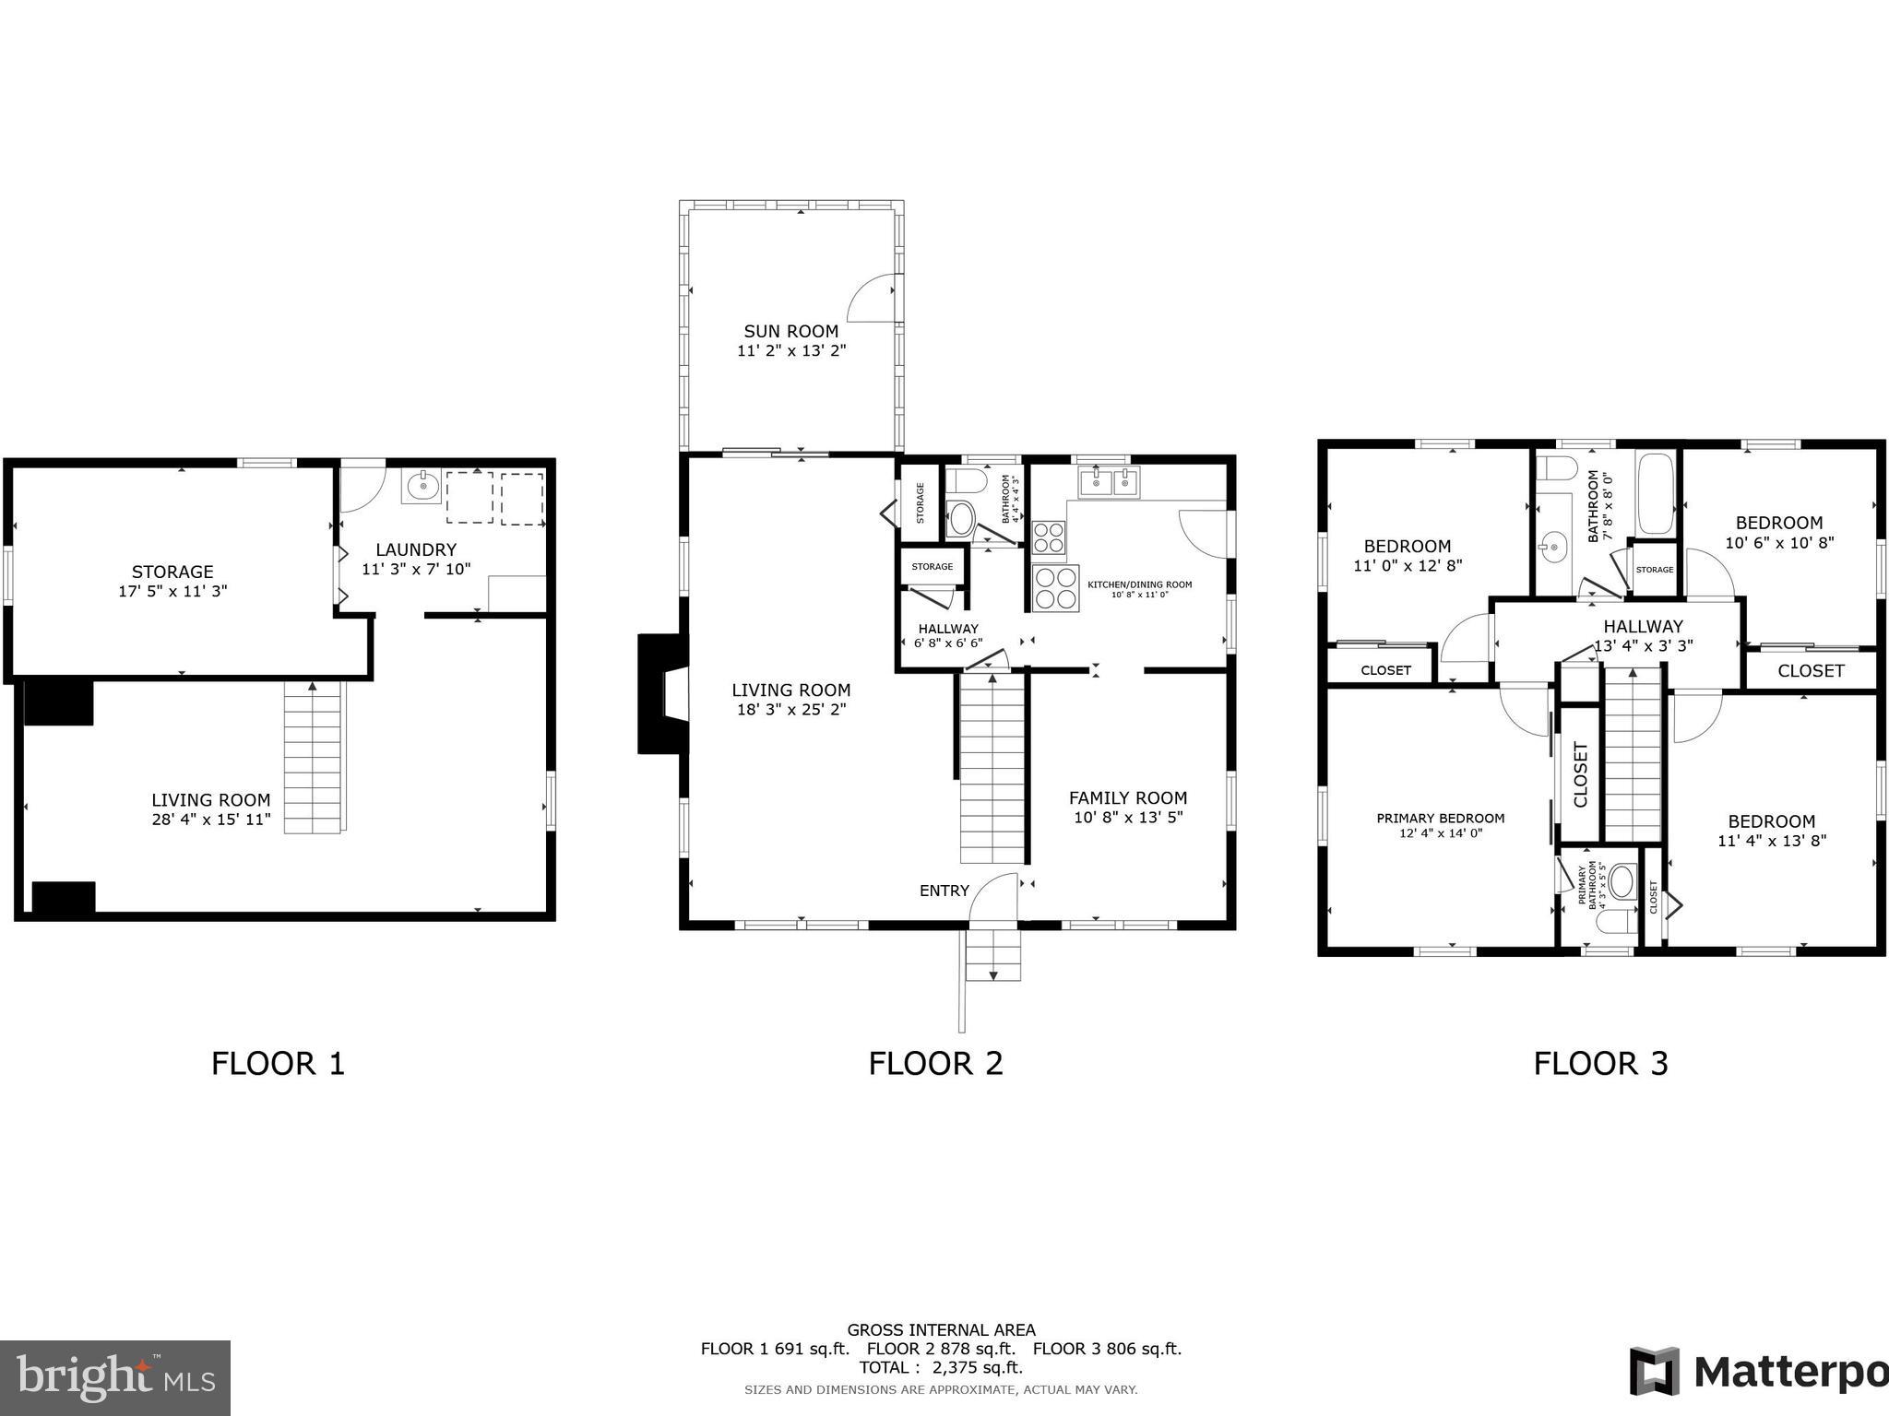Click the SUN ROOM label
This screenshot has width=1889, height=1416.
click(x=790, y=331)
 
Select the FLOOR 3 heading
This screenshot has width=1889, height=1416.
click(x=1600, y=1063)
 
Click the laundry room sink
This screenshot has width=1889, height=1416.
click(x=421, y=485)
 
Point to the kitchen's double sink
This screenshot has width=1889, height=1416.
click(x=1110, y=480)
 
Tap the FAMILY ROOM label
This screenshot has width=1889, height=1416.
click(x=1127, y=797)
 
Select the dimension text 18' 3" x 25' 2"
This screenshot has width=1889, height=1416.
click(x=790, y=710)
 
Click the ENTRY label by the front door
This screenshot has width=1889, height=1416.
click(x=944, y=890)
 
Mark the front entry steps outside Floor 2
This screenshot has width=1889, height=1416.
click(x=993, y=955)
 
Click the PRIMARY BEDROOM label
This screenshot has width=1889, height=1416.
click(x=1440, y=818)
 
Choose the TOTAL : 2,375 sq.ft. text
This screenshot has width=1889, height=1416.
click(x=941, y=1367)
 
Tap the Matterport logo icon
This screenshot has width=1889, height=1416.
click(x=1654, y=1371)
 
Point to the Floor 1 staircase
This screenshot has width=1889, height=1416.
click(x=314, y=756)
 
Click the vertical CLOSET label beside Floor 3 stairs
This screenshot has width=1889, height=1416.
click(x=1580, y=774)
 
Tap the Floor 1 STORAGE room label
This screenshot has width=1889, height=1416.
click(x=172, y=572)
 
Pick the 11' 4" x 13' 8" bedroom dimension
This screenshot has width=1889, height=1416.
click(x=1771, y=841)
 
